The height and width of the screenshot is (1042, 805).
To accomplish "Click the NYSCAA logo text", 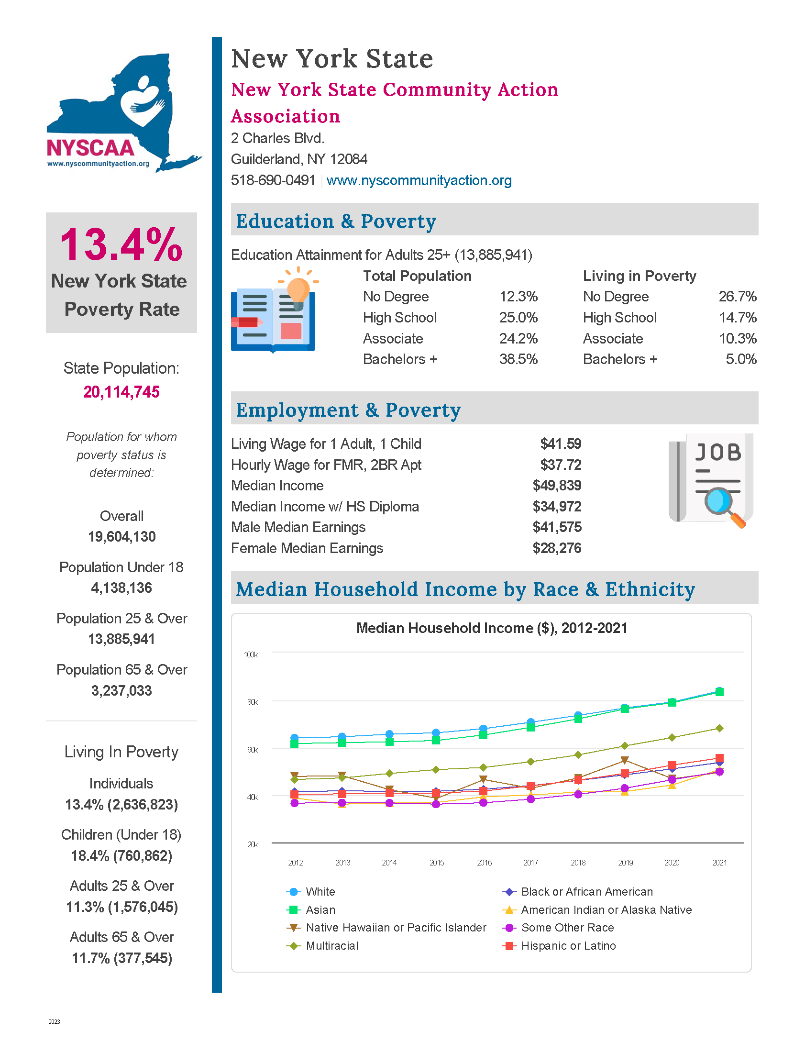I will pos(90,148).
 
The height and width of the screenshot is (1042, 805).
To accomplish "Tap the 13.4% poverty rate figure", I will pos(121,245).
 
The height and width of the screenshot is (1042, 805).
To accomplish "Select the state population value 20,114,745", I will pos(121,392).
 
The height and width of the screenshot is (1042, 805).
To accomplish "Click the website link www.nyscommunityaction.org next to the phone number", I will pos(419,180).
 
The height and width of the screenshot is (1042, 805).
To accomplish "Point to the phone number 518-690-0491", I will pos(273,180).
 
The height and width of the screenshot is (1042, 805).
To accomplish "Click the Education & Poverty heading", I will pos(336,221).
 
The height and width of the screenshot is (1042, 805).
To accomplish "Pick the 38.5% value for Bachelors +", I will pos(518,359).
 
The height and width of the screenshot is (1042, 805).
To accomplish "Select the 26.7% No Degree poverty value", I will pos(737,297).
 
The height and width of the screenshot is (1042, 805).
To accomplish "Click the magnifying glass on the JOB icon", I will pos(719,502).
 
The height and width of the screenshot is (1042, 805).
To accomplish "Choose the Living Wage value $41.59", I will pos(560,444).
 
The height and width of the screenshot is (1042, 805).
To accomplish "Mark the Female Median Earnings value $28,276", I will pos(557,548).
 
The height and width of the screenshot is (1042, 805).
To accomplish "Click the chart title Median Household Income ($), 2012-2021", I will pos(491,628).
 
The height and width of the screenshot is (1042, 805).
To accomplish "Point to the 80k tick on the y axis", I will pos(252,702).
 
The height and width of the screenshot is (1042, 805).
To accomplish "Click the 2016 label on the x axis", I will pos(484,863).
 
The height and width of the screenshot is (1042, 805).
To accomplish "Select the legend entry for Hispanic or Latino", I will pos(568,946).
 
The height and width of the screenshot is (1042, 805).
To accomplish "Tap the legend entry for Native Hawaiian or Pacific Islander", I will pos(396,928).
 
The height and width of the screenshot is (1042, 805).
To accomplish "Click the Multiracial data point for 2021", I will pos(719,728).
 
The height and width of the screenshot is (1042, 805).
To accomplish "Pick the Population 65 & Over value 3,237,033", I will pos(121,691).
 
